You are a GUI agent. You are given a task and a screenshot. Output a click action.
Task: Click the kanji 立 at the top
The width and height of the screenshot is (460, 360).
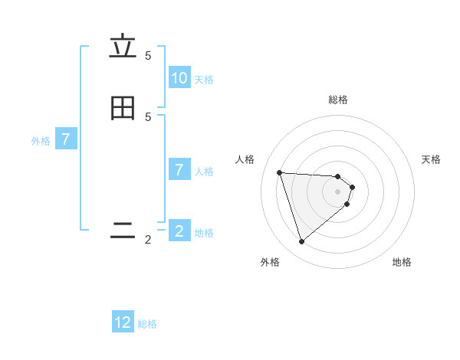pyautogui.click(x=123, y=47)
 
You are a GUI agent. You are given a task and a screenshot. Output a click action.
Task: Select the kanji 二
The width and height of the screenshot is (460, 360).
pyautogui.click(x=123, y=231)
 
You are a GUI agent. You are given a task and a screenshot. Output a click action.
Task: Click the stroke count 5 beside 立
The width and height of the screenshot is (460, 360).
pyautogui.click(x=148, y=56)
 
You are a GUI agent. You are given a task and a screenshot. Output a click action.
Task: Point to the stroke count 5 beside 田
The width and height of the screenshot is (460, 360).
pyautogui.click(x=148, y=116)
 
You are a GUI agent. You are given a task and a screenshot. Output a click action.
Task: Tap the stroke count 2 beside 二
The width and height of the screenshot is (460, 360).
pyautogui.click(x=148, y=240)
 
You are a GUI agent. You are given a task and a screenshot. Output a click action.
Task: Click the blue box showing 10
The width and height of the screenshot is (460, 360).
pyautogui.click(x=179, y=78)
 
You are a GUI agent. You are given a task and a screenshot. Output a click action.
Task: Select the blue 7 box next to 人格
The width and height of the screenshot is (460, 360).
pyautogui.click(x=179, y=170)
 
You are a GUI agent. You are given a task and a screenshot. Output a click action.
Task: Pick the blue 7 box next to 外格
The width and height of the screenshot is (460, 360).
pyautogui.click(x=66, y=139)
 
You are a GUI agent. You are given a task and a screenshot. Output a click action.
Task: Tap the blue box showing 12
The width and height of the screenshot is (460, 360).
pyautogui.click(x=123, y=322)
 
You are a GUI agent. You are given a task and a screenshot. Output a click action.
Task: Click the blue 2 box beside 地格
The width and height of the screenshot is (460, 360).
pyautogui.click(x=179, y=231)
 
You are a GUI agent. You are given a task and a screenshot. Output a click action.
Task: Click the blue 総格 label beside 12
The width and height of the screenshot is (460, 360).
pyautogui.click(x=147, y=324)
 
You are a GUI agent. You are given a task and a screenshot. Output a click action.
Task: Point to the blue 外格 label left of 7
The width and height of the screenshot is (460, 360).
pyautogui.click(x=41, y=141)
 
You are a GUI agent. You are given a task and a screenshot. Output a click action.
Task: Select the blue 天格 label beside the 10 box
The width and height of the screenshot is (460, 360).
pyautogui.click(x=204, y=80)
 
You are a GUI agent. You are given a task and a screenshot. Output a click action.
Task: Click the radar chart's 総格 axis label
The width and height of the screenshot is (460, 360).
pyautogui.click(x=338, y=100)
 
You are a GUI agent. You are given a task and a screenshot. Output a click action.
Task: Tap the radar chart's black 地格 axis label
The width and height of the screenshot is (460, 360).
pyautogui.click(x=402, y=262)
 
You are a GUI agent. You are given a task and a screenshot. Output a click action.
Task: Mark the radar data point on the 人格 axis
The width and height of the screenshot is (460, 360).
pyautogui.click(x=279, y=172)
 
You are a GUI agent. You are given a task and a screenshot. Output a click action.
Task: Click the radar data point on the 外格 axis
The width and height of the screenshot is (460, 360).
pyautogui.click(x=301, y=242)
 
